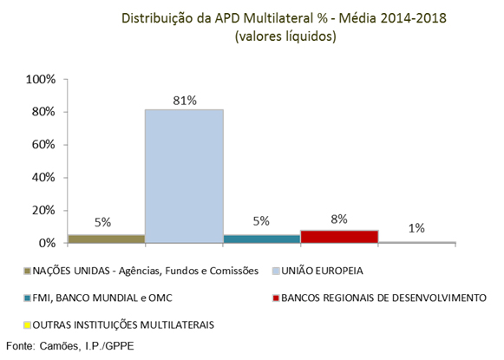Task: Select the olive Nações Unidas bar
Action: [105, 239]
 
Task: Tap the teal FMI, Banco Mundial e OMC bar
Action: [261, 239]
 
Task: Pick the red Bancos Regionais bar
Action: [339, 236]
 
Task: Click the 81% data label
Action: [183, 101]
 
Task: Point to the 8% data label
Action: [339, 219]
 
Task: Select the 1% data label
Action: [416, 228]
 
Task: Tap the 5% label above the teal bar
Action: [261, 222]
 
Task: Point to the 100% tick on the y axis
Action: [41, 80]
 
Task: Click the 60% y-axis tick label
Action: [43, 145]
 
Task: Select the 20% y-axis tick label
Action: [43, 210]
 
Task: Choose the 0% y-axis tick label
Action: [47, 243]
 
